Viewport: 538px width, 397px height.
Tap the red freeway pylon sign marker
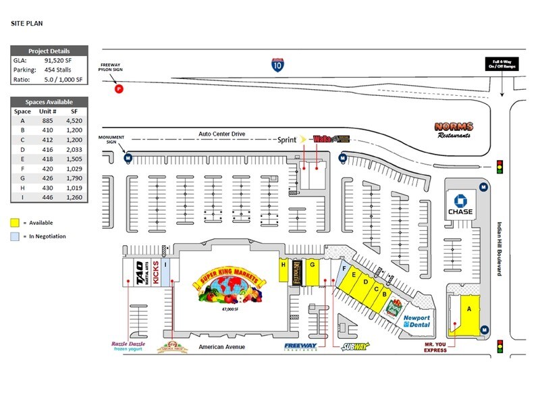click(x=119, y=88)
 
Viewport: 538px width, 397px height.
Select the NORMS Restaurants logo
click(x=453, y=129)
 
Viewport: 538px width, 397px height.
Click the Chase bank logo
click(x=460, y=203)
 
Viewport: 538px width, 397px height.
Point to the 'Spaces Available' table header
click(x=49, y=101)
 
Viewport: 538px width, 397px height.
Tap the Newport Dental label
click(x=416, y=321)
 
